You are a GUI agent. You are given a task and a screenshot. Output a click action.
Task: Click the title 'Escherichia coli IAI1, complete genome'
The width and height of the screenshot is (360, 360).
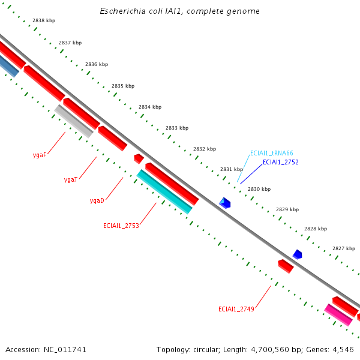coord(179,11)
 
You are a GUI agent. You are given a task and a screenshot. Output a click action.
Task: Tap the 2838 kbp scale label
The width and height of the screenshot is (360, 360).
coord(44,20)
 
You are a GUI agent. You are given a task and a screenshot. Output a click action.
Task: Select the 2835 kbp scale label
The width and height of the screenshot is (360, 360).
coord(123,86)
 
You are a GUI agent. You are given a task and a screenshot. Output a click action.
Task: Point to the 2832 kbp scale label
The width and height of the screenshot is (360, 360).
coord(204,149)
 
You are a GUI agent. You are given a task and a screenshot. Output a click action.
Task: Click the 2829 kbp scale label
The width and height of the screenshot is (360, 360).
coord(287,209)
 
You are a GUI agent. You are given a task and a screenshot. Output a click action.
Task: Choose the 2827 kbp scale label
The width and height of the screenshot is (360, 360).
coord(344,248)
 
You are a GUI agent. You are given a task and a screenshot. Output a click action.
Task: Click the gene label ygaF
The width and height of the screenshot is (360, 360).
coord(40,155)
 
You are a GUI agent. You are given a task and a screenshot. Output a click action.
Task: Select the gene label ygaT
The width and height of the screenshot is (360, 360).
coord(71,179)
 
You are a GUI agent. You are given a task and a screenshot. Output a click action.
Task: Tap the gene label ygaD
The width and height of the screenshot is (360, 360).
coord(97,200)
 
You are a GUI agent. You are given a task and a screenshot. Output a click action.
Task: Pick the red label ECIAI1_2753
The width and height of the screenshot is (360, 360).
coord(121,226)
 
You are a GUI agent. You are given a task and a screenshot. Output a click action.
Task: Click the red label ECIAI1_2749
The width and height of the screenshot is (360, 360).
coord(236,309)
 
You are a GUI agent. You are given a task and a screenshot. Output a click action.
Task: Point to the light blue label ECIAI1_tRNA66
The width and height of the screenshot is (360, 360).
coord(271,153)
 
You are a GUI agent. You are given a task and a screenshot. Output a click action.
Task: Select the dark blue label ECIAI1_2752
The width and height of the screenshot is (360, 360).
coord(280,162)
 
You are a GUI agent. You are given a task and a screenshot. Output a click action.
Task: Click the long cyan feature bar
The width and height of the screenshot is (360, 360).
coord(165,191)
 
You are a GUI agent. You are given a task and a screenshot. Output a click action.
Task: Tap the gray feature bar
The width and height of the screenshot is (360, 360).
coord(74,121)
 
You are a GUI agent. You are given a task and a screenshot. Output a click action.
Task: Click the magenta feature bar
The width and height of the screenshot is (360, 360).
coord(338,314)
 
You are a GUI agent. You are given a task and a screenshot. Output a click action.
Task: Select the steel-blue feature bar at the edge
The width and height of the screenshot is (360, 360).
coord(8,66)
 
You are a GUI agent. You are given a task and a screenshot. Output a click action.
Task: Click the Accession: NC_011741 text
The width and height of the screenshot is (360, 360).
coord(40,349)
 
